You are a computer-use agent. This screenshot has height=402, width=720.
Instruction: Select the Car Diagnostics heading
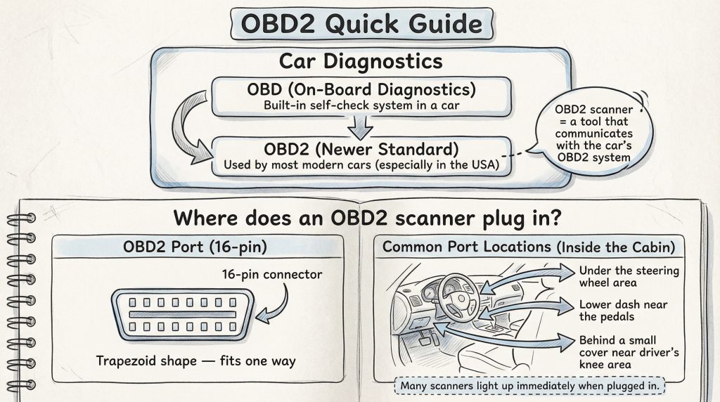coord(361,61)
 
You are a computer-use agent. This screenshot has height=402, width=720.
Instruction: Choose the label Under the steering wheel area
coord(619,277)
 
